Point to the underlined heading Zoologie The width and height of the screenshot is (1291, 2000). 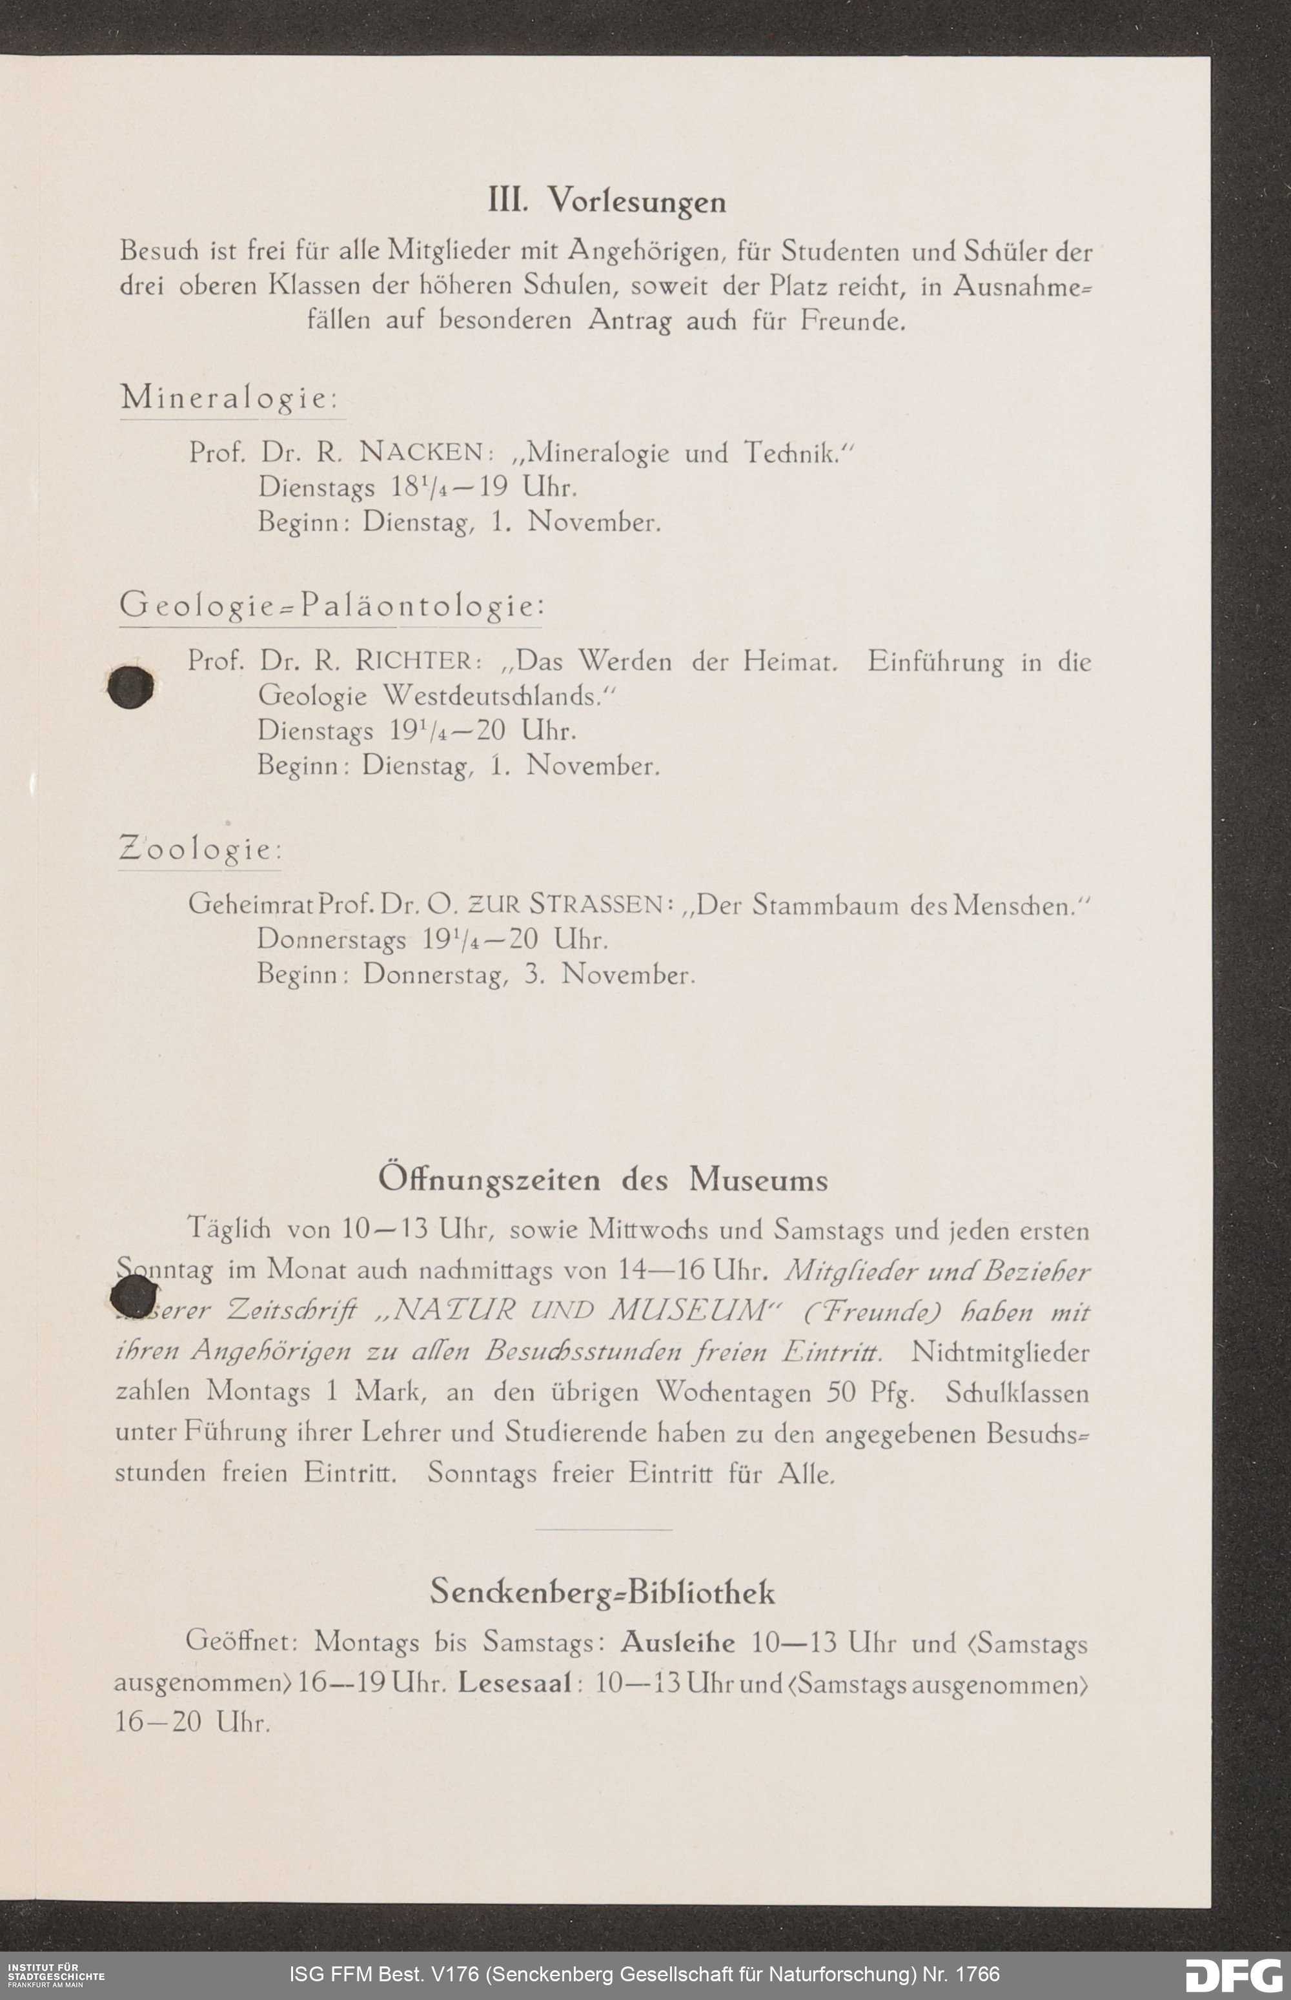coord(199,850)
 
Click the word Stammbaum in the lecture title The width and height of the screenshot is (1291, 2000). coord(826,905)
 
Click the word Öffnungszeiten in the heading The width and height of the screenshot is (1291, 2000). coord(489,1180)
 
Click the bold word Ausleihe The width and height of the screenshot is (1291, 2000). coord(677,1642)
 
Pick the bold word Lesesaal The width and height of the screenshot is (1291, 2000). coord(514,1682)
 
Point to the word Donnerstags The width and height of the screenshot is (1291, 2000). coord(331,940)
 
